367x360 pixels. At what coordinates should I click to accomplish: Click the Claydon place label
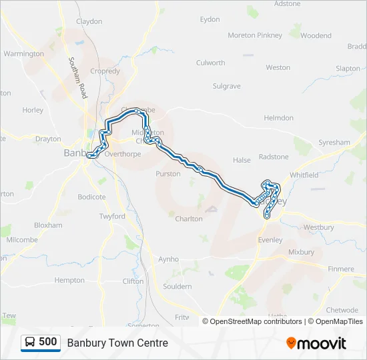click(89, 21)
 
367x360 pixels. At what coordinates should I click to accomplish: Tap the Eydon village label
click(210, 19)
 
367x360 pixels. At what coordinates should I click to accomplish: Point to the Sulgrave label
click(226, 86)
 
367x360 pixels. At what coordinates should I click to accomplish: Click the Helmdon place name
click(278, 118)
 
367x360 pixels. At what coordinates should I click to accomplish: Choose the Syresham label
click(334, 143)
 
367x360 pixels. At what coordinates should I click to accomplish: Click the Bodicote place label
click(91, 197)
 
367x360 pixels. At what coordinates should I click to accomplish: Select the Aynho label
click(168, 259)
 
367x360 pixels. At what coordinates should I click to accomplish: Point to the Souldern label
click(177, 286)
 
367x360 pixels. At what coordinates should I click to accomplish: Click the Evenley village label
click(270, 240)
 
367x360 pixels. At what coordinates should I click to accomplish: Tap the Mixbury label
click(301, 253)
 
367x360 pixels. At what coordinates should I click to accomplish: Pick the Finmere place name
click(341, 269)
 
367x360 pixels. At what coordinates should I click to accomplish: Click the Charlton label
click(189, 219)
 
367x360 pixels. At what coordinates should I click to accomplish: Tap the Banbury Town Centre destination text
click(117, 343)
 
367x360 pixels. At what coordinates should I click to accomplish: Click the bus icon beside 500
click(31, 343)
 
